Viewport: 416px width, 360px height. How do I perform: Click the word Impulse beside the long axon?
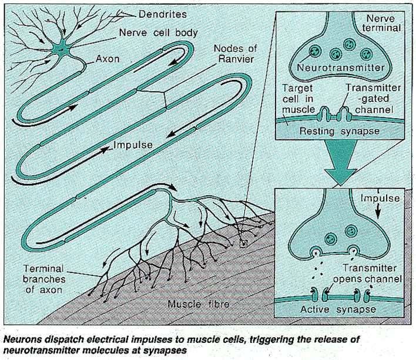click(135, 142)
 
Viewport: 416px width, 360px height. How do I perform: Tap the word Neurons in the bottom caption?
click(22, 338)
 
